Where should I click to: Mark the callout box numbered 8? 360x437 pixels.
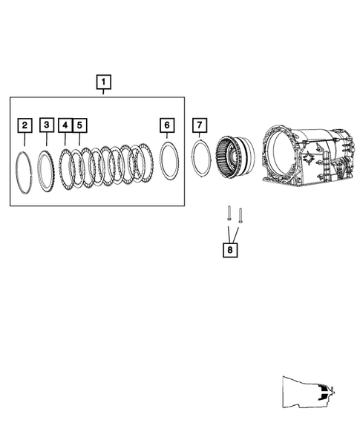pyautogui.click(x=230, y=250)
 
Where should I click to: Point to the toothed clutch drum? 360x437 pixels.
pyautogui.click(x=231, y=158)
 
